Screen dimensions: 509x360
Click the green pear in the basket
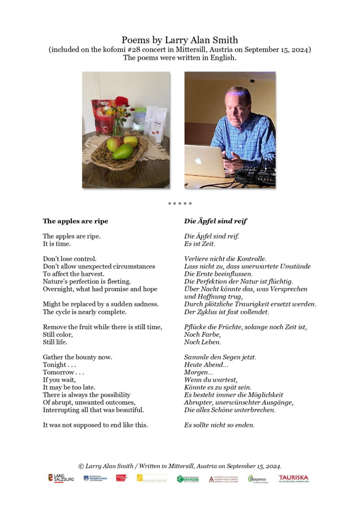click(x=123, y=151)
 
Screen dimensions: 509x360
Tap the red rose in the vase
click(x=121, y=102)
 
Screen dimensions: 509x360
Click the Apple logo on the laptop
click(x=199, y=160)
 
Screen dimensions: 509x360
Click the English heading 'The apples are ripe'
click(x=76, y=221)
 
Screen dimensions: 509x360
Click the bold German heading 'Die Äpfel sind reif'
click(x=215, y=221)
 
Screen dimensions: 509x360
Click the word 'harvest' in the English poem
click(x=92, y=274)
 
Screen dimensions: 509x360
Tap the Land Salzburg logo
click(x=61, y=478)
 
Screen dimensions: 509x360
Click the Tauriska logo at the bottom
click(x=293, y=478)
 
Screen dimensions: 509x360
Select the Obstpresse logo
click(x=257, y=479)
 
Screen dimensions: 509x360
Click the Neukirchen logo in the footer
click(x=95, y=478)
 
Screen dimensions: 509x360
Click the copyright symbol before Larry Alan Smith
click(x=81, y=466)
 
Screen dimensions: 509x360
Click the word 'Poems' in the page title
click(x=133, y=40)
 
